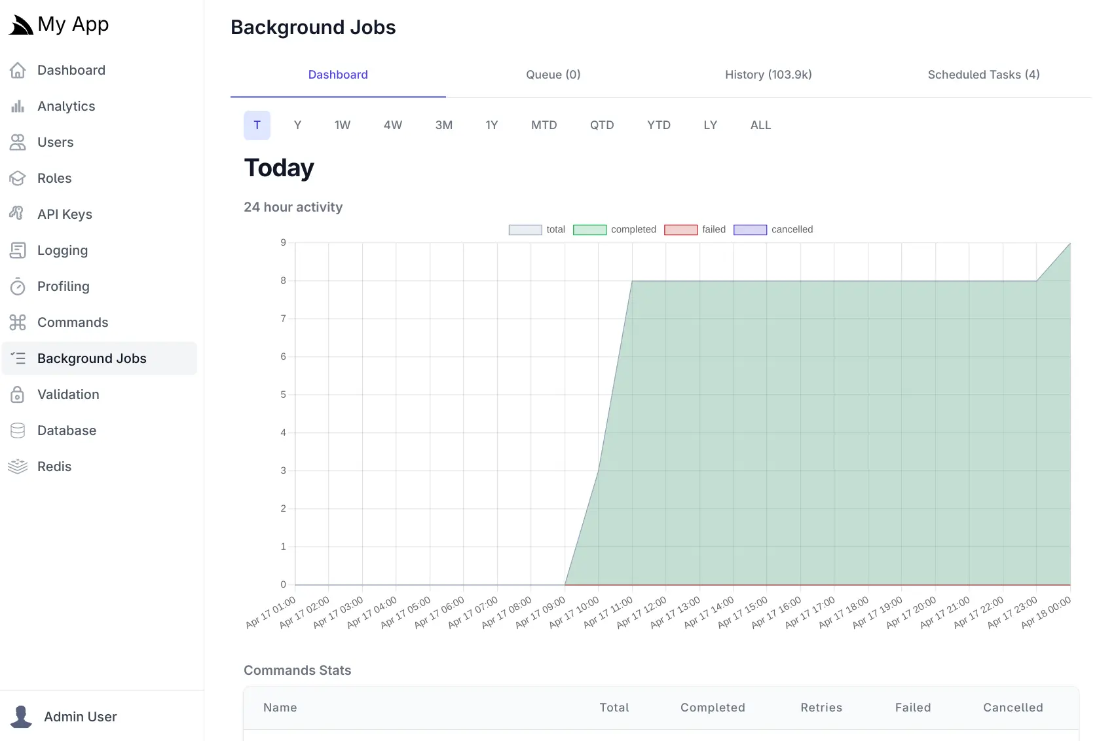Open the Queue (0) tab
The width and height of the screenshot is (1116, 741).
coord(553,75)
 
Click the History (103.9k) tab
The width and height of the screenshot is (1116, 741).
coord(768,75)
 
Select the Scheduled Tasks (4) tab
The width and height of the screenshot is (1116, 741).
coord(983,75)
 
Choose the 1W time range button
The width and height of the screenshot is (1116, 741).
coord(342,125)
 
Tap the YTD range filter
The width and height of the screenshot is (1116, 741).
coord(658,125)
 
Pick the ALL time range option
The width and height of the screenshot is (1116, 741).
coord(760,125)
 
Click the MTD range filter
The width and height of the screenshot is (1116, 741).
coord(544,125)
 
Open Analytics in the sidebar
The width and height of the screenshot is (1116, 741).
coord(66,106)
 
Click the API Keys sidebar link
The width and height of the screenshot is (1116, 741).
coord(64,214)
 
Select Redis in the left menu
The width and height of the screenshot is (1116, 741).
coord(54,466)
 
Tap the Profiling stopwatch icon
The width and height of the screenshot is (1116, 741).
coord(18,286)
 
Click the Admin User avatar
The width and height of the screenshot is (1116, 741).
coord(21,716)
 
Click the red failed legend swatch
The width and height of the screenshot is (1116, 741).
coord(680,230)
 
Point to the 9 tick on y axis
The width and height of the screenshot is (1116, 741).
coord(283,242)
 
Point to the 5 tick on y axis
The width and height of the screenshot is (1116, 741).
coord(283,394)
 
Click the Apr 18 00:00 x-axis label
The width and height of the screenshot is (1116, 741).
coord(1047,613)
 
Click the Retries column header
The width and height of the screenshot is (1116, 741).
coord(821,708)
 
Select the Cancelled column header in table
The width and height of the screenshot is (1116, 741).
coord(1013,708)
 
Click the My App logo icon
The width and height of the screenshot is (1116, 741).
coord(20,25)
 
